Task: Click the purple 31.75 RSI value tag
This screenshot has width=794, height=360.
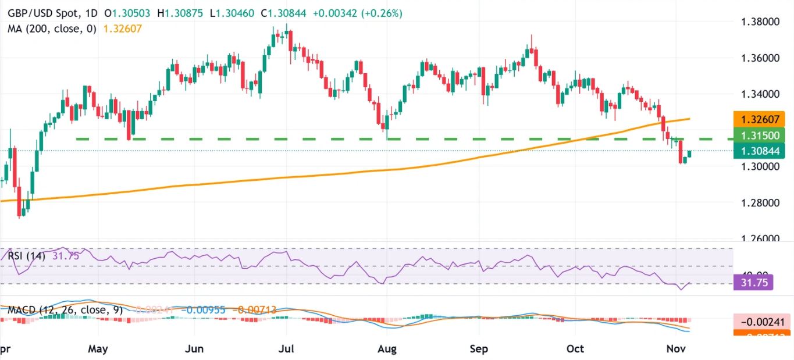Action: click(753, 284)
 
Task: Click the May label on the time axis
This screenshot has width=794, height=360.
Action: click(98, 349)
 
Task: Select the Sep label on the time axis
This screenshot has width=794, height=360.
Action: click(478, 349)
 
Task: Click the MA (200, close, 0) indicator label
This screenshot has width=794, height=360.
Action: click(51, 28)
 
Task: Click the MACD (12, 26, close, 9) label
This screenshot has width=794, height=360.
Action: click(65, 310)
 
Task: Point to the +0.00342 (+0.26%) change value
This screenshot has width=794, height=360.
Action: click(365, 13)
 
